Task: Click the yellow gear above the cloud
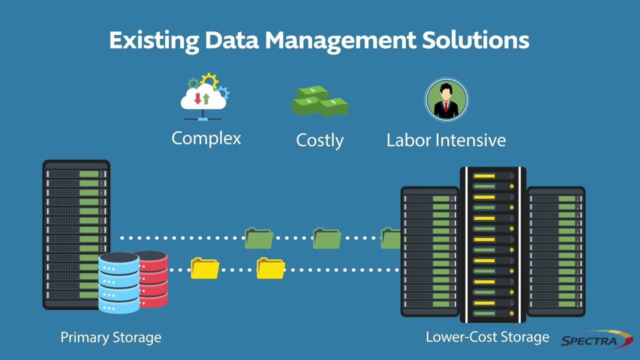point(209,80)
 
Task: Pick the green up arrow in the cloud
point(206,98)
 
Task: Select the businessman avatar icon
point(446,100)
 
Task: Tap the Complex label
point(206,138)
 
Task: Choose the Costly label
point(319,140)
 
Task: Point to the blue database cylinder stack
point(119,282)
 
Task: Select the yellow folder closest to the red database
point(205,268)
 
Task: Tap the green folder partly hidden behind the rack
point(390,238)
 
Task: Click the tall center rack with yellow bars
point(492,245)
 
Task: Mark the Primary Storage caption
point(111,337)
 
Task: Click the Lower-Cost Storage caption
point(487,337)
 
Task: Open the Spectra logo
point(596,340)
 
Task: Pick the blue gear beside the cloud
point(222,92)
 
